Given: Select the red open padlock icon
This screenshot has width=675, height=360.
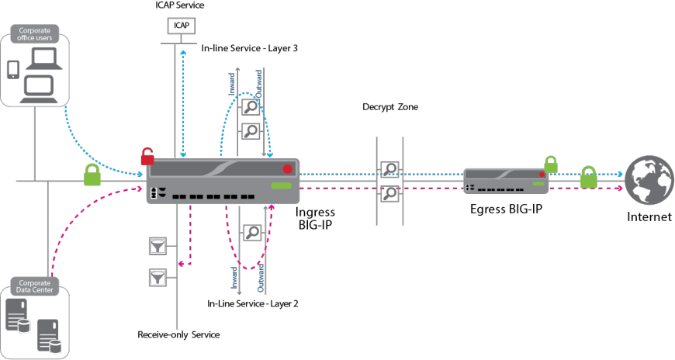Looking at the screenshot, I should [x=147, y=157].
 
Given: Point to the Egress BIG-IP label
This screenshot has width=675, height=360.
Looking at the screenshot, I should [x=505, y=209].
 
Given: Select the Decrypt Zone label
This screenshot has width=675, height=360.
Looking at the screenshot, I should [x=390, y=106].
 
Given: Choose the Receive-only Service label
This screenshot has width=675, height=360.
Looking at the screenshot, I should [x=178, y=334].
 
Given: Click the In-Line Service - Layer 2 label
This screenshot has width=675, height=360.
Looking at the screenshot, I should [x=253, y=303].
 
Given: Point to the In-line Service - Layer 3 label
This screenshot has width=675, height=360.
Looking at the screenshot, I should [x=250, y=48].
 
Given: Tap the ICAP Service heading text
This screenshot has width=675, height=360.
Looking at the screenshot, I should [x=180, y=5].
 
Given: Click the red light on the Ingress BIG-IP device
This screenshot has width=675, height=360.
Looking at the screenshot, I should [x=287, y=168].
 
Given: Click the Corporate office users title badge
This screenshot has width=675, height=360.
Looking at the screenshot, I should [x=35, y=35].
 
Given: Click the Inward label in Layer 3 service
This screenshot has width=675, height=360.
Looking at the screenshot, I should [x=232, y=84].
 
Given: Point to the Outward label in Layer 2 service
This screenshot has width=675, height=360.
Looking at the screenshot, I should [x=261, y=277].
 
